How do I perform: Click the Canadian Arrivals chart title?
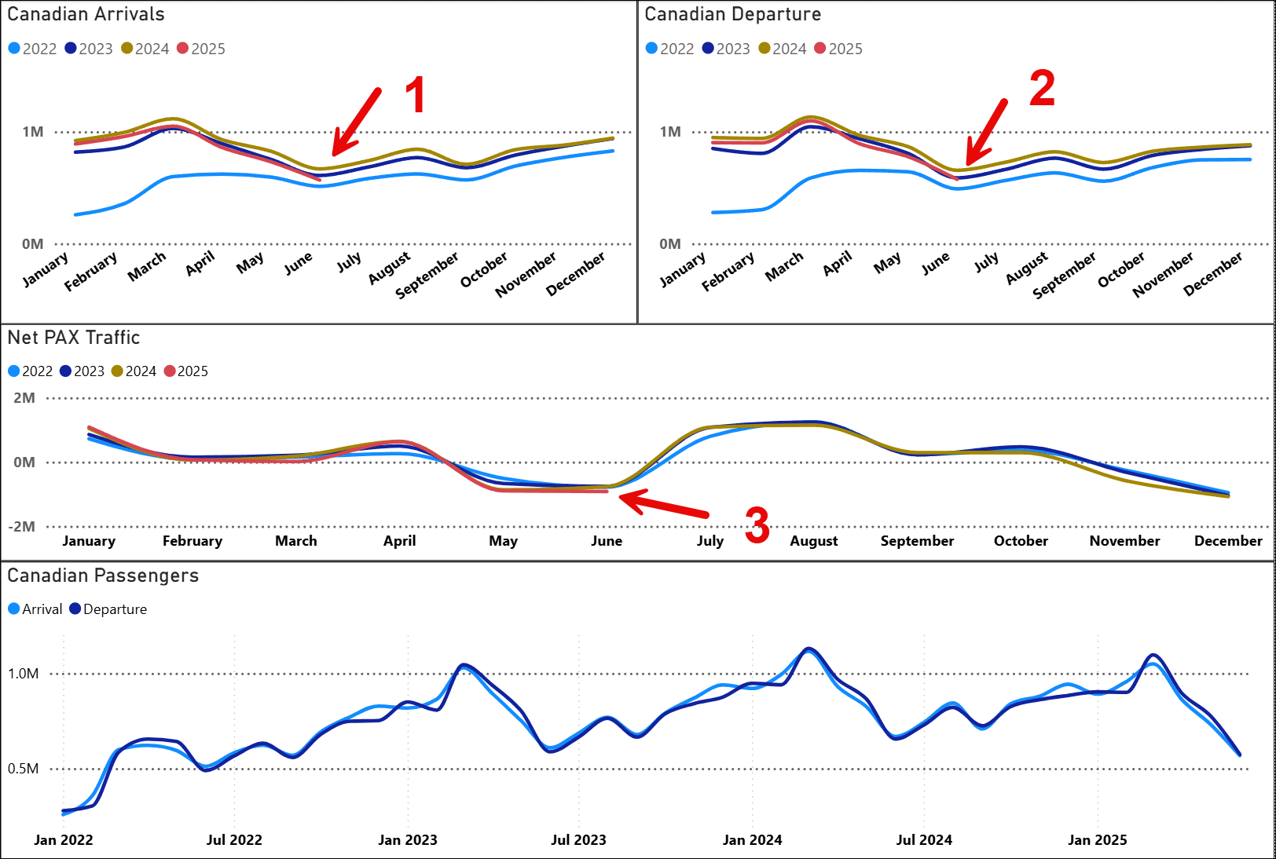coord(86,14)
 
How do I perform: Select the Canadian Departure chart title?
coord(732,14)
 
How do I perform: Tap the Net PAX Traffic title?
coord(74,338)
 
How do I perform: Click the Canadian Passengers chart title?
coord(103,576)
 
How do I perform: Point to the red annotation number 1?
coord(415,95)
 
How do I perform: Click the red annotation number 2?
coord(1042,88)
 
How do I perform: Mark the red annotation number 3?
coord(757,525)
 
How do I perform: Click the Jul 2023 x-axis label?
coord(578,840)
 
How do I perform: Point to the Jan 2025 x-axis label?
coord(1097,840)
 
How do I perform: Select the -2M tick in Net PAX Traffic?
coord(22,527)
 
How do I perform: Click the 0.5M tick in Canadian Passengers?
coord(23,769)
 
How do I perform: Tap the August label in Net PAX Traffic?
coord(813,541)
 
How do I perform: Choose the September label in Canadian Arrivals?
coord(427,275)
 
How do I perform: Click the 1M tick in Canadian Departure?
coord(670,132)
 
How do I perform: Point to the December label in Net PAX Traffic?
coord(1227,541)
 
